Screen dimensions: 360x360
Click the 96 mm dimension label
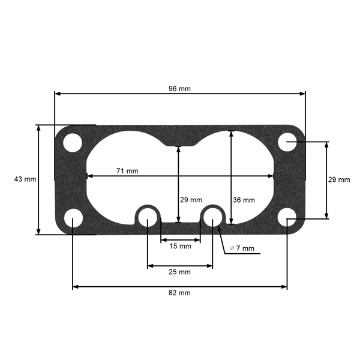(179, 89)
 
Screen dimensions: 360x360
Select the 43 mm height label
(25, 179)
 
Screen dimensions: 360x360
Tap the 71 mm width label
(127, 171)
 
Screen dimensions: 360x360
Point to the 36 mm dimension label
(244, 200)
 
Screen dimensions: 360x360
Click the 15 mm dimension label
(180, 246)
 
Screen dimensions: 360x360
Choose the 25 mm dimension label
(179, 272)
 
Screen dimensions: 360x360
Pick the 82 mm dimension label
(179, 293)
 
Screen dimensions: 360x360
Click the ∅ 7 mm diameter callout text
(242, 248)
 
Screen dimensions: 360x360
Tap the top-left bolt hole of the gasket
(73, 143)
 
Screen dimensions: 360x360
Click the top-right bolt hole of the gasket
(287, 143)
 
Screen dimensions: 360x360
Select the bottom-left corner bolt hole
(73, 217)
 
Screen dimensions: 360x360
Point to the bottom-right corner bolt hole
(287, 217)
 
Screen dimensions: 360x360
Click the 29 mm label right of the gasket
(339, 179)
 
